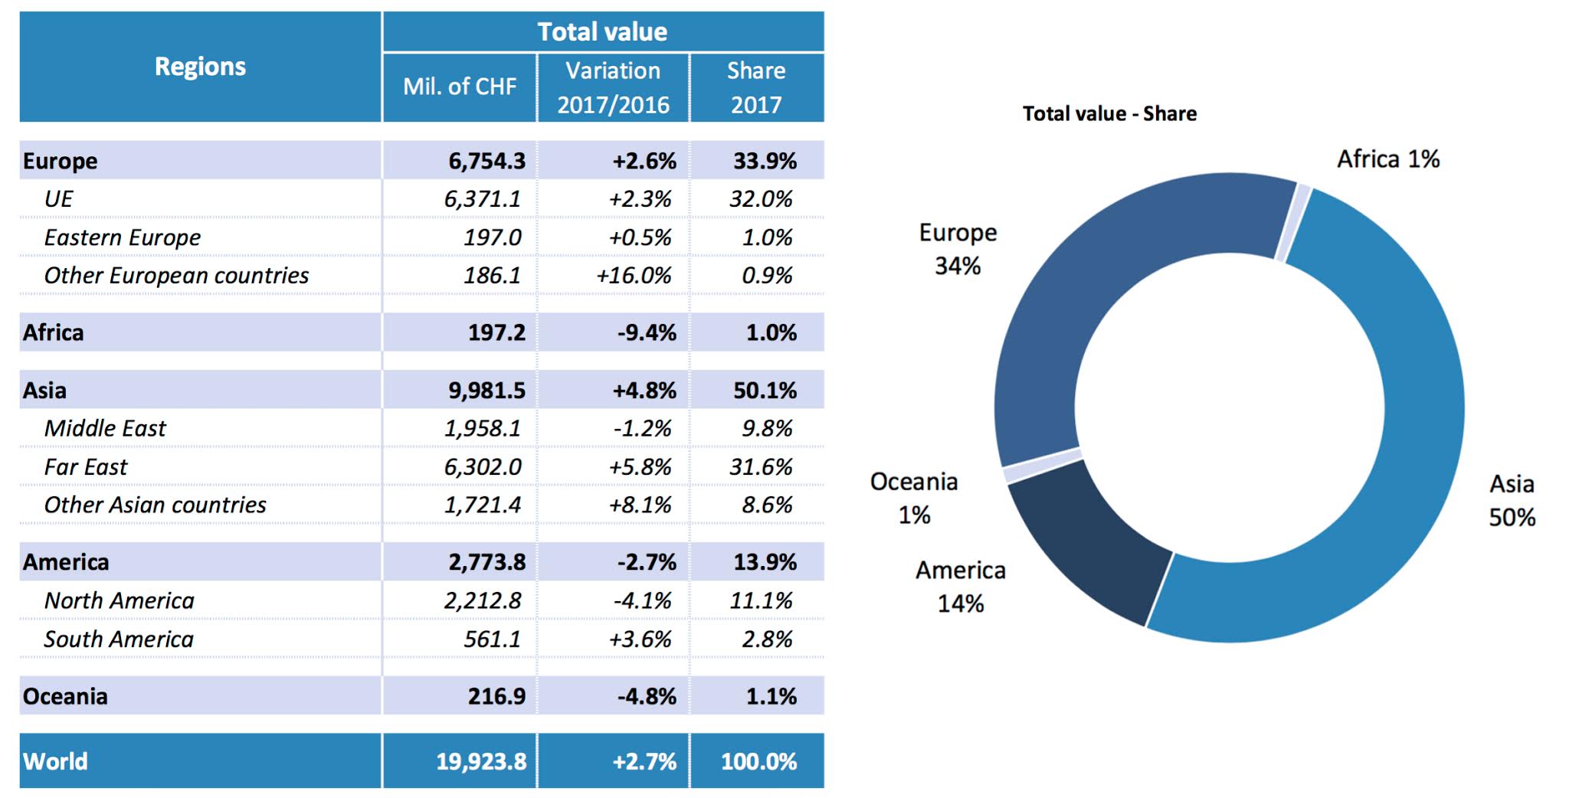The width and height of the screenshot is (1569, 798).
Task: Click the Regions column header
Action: tap(200, 67)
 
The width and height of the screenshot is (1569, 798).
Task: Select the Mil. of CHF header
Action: tap(460, 87)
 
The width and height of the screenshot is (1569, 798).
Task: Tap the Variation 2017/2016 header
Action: tap(613, 87)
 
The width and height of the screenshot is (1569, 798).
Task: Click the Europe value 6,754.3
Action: tap(486, 161)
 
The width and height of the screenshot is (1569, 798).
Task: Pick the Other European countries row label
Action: tap(176, 276)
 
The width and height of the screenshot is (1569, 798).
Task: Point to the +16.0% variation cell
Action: tap(634, 276)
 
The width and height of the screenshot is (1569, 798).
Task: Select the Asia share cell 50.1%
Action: tap(765, 391)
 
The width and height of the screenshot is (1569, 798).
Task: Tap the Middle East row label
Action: tap(105, 428)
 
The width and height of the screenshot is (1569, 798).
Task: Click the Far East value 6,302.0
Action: tap(483, 466)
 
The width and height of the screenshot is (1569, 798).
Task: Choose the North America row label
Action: tap(119, 600)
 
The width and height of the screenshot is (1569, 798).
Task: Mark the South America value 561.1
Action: tap(492, 639)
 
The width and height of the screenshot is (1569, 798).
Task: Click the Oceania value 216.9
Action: tap(496, 696)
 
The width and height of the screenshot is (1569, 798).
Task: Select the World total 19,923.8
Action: tap(481, 761)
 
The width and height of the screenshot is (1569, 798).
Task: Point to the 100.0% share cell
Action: tap(758, 761)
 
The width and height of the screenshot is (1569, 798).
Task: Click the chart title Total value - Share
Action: tap(1109, 114)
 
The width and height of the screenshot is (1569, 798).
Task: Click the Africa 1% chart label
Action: tap(1388, 159)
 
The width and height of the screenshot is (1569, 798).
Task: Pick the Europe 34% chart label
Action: tap(958, 249)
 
